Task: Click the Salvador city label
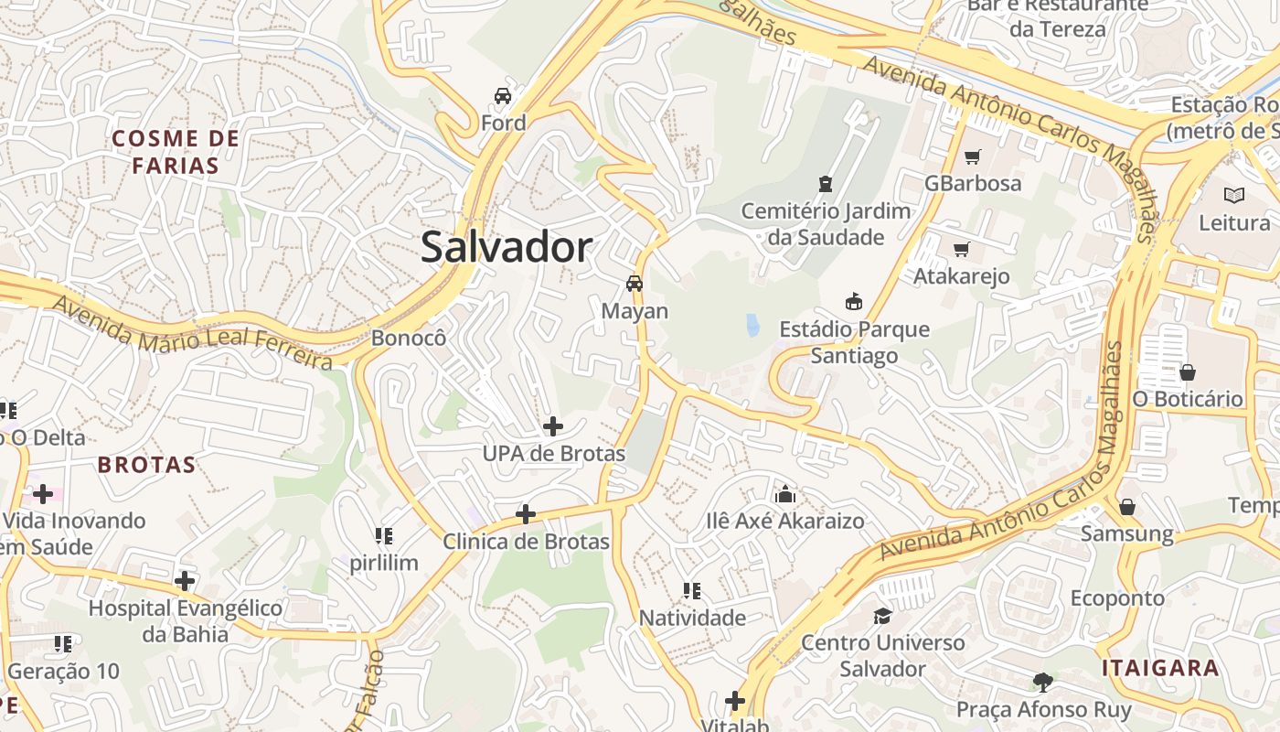click(507, 248)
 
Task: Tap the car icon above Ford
click(503, 95)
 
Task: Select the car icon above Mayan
click(635, 283)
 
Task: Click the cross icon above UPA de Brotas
click(553, 425)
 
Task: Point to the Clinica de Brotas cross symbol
click(526, 513)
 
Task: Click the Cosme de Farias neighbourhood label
click(176, 152)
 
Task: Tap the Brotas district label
click(146, 465)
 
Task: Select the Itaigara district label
click(1159, 667)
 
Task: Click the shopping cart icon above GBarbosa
click(972, 156)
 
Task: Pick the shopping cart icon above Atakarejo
click(961, 249)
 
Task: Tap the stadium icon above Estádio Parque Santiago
click(854, 301)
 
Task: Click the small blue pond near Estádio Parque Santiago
click(752, 325)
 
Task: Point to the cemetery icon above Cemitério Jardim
click(827, 183)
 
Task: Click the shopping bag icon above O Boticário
click(1188, 372)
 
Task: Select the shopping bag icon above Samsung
click(1127, 506)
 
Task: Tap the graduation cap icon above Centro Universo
click(882, 615)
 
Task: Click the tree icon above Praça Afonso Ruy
click(1042, 682)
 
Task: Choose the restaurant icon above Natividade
click(692, 591)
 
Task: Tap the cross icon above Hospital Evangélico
click(186, 580)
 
